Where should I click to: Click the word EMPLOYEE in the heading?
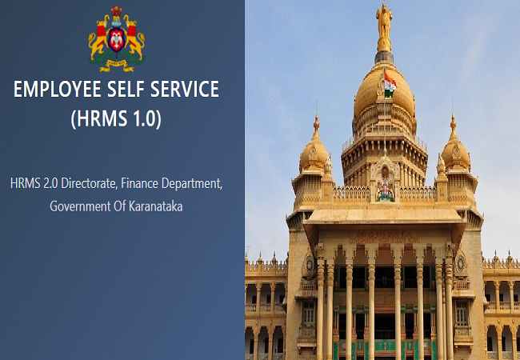[x=58, y=89]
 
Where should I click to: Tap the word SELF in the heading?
[x=126, y=89]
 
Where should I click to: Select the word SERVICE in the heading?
[x=184, y=89]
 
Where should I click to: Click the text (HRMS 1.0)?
[x=116, y=118]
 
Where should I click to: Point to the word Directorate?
[x=90, y=183]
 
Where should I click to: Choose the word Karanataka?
[x=155, y=206]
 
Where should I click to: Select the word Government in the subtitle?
[x=80, y=206]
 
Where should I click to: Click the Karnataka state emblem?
[x=117, y=39]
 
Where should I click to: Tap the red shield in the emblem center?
[x=117, y=39]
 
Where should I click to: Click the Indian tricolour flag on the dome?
[x=390, y=85]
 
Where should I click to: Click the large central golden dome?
[x=384, y=90]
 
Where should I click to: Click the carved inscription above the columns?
[x=384, y=238]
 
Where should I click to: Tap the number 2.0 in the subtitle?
[x=50, y=183]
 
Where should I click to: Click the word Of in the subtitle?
[x=120, y=206]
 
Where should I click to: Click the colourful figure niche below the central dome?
[x=385, y=184]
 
